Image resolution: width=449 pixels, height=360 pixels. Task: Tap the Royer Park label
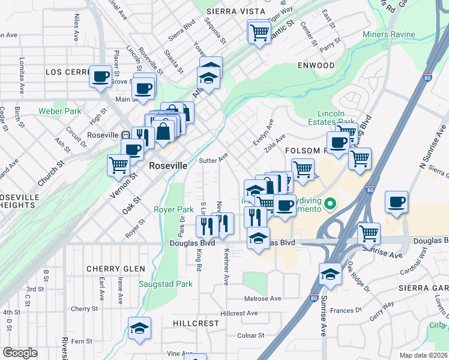pyautogui.click(x=173, y=209)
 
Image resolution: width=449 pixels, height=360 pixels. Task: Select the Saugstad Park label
pyautogui.click(x=165, y=284)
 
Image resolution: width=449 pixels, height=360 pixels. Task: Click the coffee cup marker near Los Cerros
pyautogui.click(x=100, y=77)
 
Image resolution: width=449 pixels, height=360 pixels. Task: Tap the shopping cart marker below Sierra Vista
pyautogui.click(x=259, y=31)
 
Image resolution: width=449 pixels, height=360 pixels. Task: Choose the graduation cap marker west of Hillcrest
pyautogui.click(x=139, y=328)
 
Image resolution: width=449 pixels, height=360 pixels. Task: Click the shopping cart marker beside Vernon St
pyautogui.click(x=119, y=164)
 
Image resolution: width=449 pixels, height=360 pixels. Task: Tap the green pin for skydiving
pyautogui.click(x=329, y=206)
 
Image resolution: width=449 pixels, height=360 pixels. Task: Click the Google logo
pyautogui.click(x=20, y=352)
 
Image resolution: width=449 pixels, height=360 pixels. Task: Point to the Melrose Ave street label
pyautogui.click(x=262, y=298)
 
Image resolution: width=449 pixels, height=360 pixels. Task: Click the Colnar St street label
pyautogui.click(x=251, y=335)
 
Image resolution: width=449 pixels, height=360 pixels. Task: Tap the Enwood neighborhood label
pyautogui.click(x=315, y=65)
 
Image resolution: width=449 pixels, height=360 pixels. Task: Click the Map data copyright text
pyautogui.click(x=424, y=355)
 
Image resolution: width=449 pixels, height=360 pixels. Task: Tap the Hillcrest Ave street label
pyautogui.click(x=239, y=313)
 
